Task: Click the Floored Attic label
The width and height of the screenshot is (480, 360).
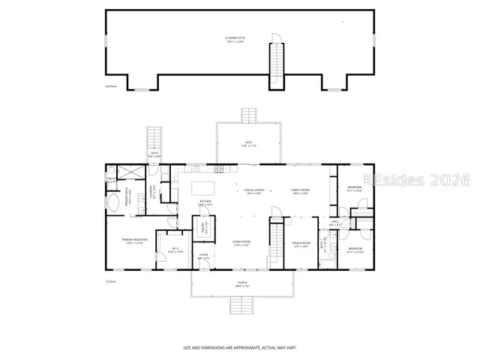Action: [235, 39]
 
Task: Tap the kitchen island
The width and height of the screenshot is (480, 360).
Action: [203, 187]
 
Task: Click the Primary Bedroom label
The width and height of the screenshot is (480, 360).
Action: [135, 241]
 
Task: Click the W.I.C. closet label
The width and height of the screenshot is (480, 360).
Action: [174, 250]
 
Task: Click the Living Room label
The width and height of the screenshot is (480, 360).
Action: [241, 242]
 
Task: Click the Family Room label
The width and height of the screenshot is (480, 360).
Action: [301, 191]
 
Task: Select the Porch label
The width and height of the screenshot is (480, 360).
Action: [240, 284]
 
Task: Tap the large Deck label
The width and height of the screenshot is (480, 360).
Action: [248, 144]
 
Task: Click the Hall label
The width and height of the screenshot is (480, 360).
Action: [335, 223]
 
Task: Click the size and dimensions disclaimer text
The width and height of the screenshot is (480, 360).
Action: [240, 348]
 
